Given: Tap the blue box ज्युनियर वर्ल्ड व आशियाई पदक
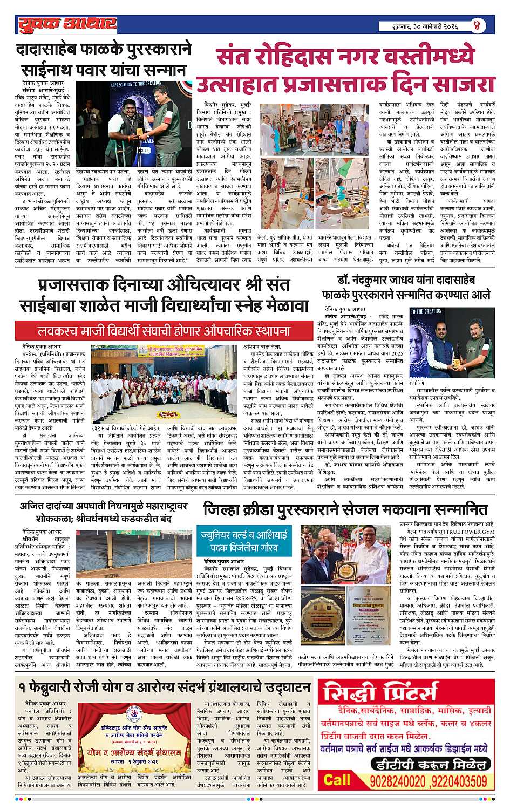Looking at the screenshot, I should click(x=251, y=541).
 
